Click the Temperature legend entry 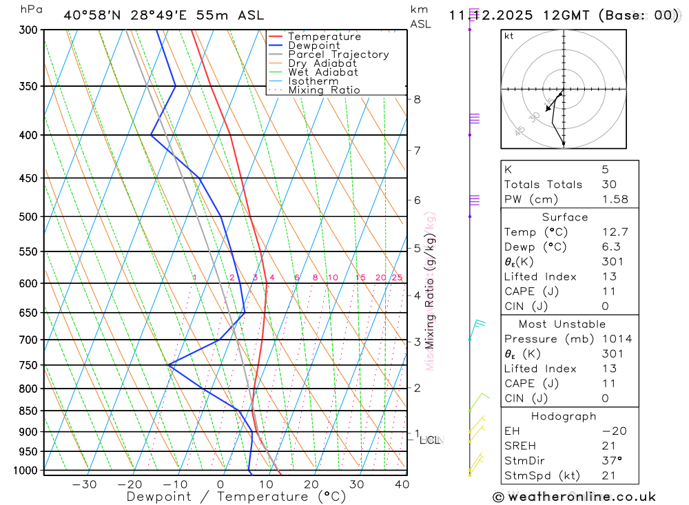[324, 37]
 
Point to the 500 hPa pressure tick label [28, 217]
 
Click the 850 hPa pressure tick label [28, 411]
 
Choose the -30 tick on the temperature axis [85, 484]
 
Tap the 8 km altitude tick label [417, 99]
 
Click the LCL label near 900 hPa [430, 440]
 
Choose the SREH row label [520, 446]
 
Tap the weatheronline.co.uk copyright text [575, 497]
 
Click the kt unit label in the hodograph [508, 37]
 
